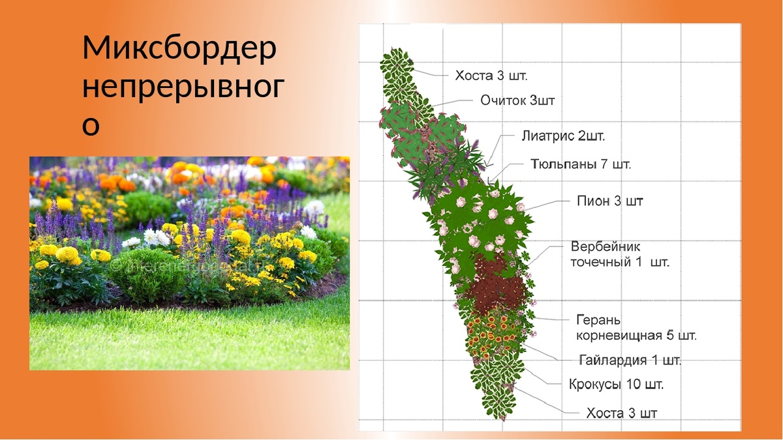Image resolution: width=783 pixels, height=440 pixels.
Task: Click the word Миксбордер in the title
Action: click(x=179, y=50)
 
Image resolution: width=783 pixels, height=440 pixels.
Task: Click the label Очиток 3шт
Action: click(x=517, y=100)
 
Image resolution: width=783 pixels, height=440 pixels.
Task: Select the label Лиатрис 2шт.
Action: click(x=563, y=136)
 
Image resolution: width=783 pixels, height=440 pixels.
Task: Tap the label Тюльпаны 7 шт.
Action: click(x=580, y=164)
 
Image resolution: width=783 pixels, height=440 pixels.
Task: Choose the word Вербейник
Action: click(x=606, y=248)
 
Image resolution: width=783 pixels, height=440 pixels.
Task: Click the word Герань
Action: click(x=598, y=321)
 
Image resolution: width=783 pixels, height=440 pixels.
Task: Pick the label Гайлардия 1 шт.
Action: click(x=630, y=360)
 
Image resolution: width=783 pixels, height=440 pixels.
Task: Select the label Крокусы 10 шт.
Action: click(x=616, y=385)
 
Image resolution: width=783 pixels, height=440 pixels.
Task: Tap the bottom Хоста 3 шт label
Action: click(x=622, y=413)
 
